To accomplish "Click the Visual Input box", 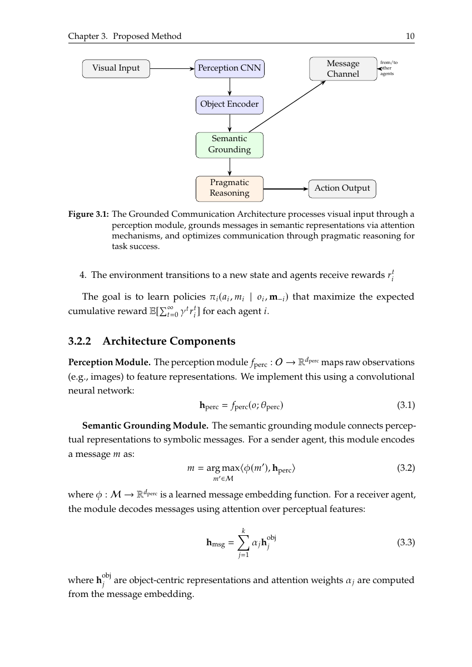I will (116, 68).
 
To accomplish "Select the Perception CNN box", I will (229, 68).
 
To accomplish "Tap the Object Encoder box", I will (229, 104).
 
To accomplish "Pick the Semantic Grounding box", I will (229, 145).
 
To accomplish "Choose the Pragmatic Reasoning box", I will (229, 188).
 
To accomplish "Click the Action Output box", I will (342, 188).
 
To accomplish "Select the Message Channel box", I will (343, 69).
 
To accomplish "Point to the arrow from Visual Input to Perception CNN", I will (172, 69).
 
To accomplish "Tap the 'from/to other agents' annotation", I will (389, 68).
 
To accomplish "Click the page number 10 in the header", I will (410, 37).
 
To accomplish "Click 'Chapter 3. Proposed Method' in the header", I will (125, 37).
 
